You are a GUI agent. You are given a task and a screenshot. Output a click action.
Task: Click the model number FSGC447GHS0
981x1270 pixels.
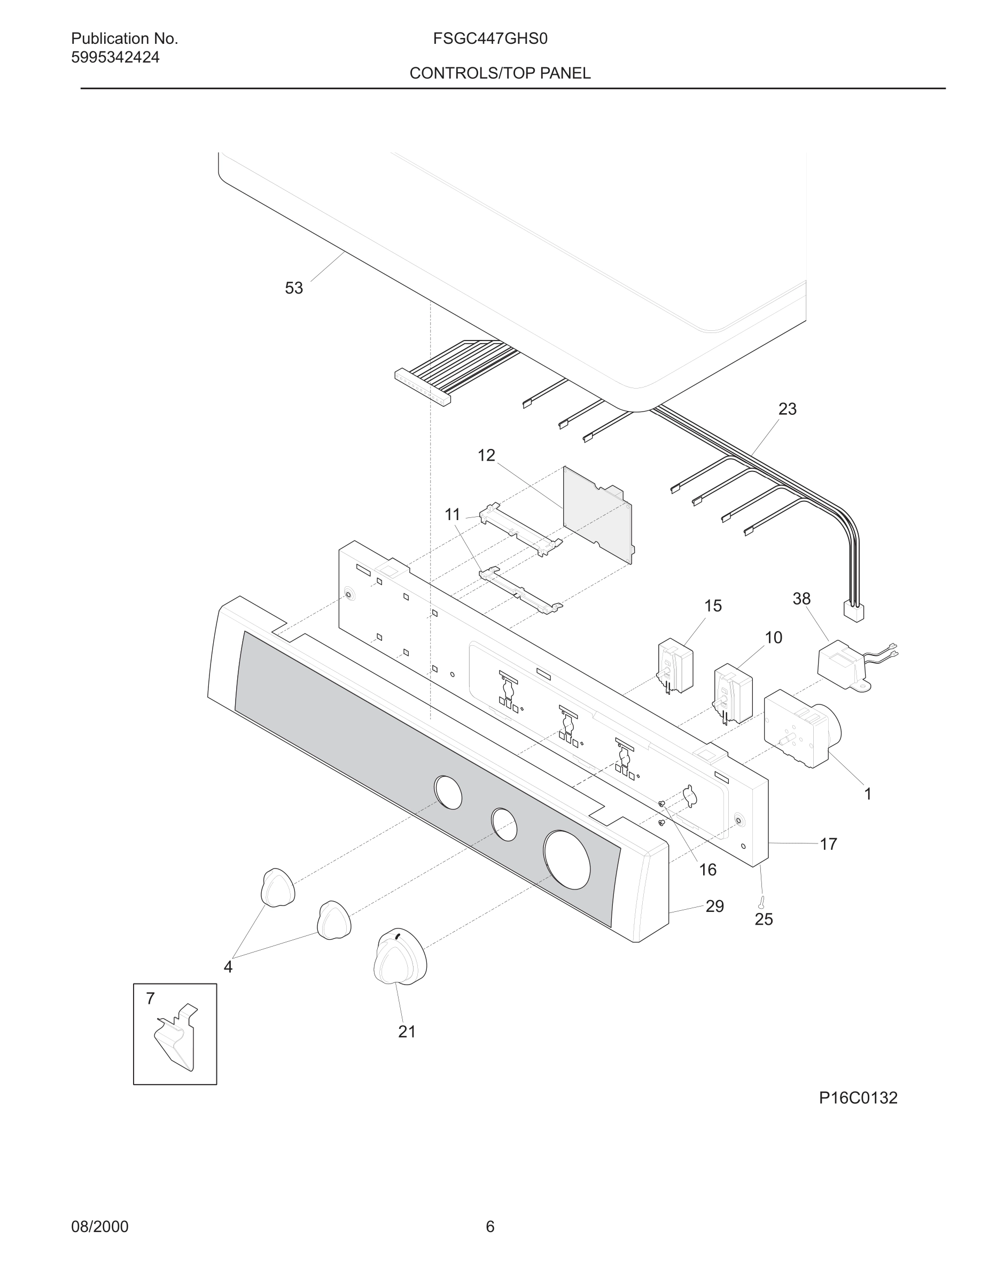pos(490,39)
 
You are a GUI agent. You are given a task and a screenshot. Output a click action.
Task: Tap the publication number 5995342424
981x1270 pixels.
pos(115,58)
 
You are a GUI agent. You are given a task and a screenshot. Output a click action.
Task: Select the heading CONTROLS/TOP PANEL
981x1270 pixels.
pos(500,73)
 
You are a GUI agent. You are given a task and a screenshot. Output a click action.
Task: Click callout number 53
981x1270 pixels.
pos(293,289)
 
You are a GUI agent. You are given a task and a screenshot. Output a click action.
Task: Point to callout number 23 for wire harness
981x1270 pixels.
pos(787,409)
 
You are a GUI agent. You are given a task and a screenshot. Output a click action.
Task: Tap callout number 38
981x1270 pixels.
pos(801,599)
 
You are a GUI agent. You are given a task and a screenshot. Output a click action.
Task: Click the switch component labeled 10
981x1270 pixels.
pos(733,693)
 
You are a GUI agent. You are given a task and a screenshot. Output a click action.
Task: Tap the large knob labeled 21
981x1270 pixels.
pos(400,957)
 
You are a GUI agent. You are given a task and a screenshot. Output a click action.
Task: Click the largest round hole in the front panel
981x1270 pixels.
pos(566,860)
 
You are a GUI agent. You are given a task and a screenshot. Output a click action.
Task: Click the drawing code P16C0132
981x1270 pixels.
pos(858,1098)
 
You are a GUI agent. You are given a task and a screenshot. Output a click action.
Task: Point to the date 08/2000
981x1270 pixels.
pos(99,1227)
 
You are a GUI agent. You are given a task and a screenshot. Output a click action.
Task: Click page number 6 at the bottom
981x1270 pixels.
pos(490,1227)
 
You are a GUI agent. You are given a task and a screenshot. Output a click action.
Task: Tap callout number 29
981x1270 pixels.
pos(714,907)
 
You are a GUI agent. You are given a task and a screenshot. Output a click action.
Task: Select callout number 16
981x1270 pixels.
pos(707,870)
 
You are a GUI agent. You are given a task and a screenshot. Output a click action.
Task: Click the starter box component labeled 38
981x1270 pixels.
pos(842,663)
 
